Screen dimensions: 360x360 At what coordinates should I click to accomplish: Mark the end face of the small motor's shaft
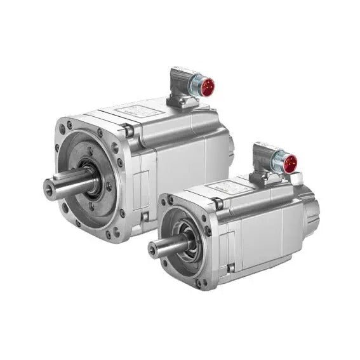pyautogui.click(x=153, y=248)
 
